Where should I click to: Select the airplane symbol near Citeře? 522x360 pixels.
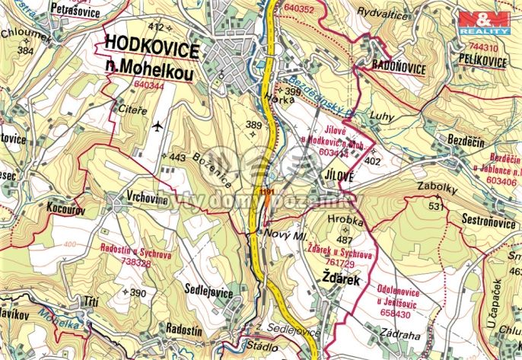[158, 125]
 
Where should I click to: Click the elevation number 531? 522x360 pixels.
[436, 206]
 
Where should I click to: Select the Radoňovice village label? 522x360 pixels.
[399, 67]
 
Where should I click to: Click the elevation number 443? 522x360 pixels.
[177, 158]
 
